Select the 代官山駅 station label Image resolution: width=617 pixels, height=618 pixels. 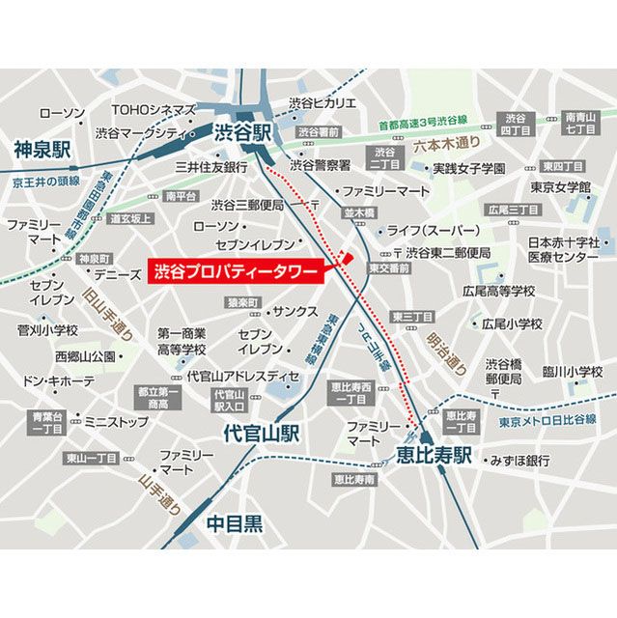pos(261,434)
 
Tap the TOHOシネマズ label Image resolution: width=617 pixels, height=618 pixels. pos(154,110)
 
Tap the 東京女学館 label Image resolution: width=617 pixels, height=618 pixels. pos(559,186)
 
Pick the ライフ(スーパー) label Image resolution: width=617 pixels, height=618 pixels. pos(435,231)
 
